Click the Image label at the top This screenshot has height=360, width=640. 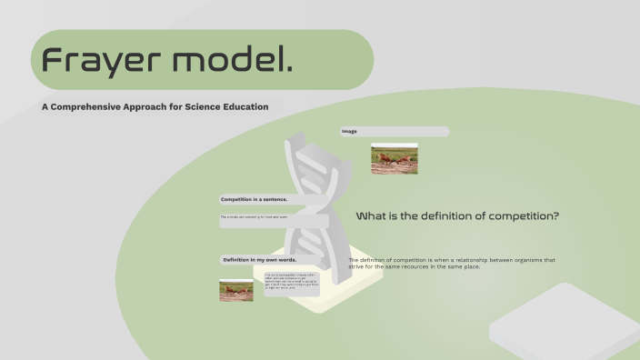(x=350, y=132)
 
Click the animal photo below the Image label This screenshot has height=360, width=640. (x=394, y=159)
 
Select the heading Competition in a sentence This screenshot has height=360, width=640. (x=255, y=199)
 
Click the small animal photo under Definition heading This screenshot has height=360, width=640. (x=235, y=290)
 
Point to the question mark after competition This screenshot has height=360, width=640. (x=555, y=216)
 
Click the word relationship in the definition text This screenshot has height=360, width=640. (x=471, y=260)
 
